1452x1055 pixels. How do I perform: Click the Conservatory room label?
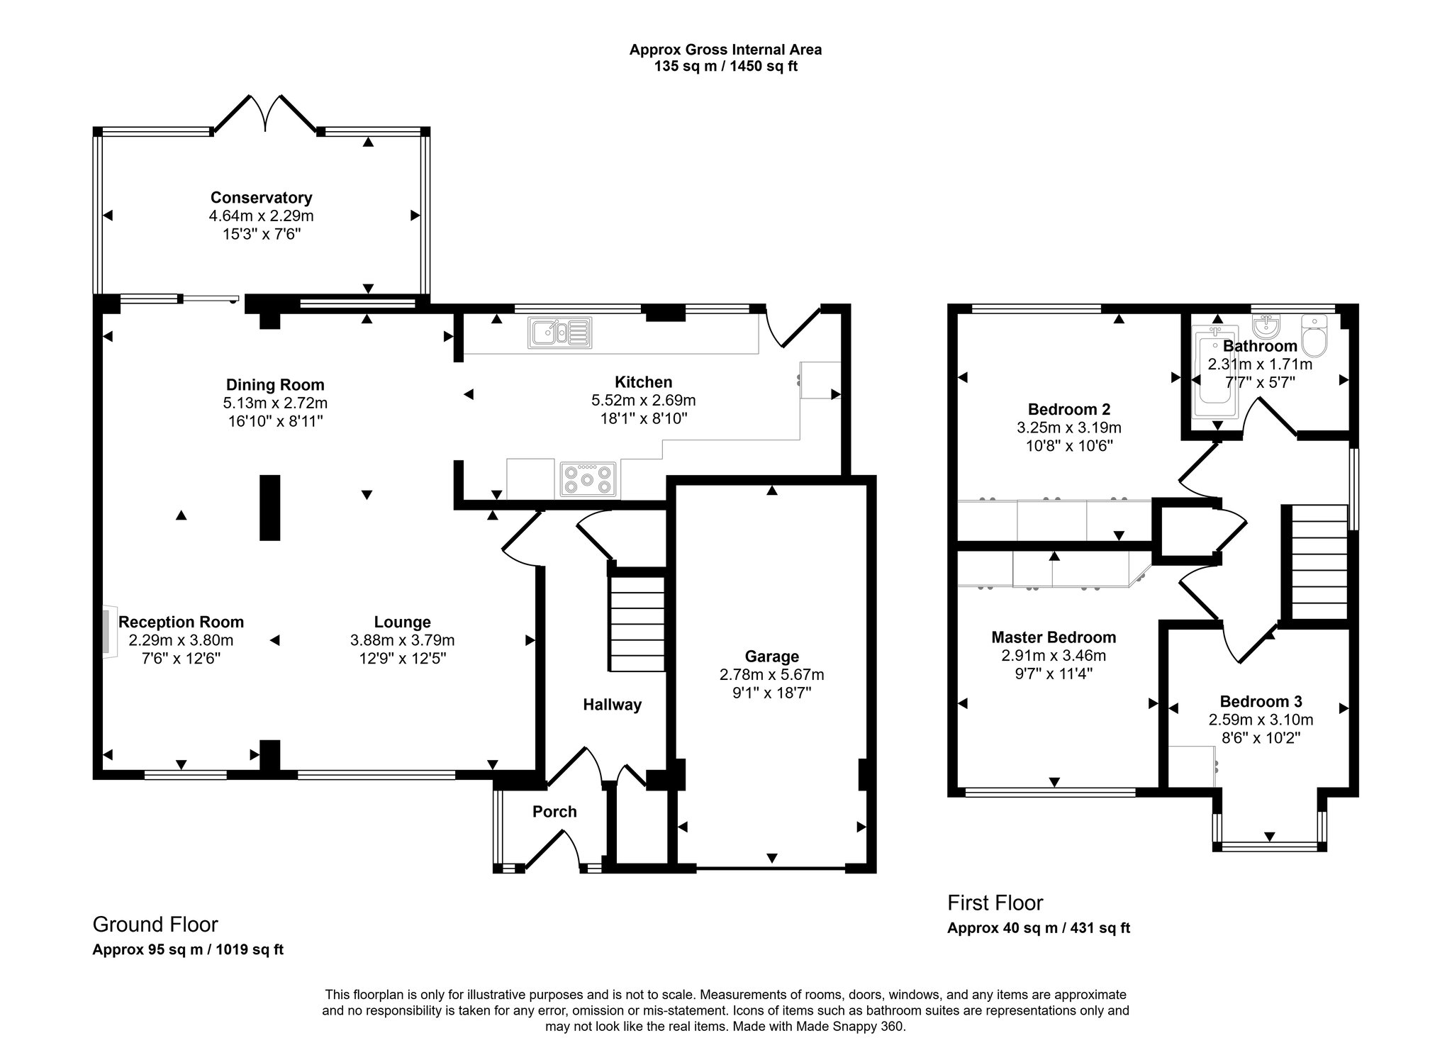pos(261,198)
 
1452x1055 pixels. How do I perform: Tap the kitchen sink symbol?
pos(559,333)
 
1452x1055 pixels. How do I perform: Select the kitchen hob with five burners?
pos(588,479)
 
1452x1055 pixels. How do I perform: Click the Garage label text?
pos(771,657)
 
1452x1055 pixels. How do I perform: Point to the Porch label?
pos(554,812)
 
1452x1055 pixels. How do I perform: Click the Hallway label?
pos(612,705)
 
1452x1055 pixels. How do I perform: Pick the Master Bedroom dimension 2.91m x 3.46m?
pos(1054,656)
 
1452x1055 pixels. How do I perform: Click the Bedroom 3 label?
pos(1261,702)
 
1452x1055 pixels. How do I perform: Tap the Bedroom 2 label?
pos(1068,409)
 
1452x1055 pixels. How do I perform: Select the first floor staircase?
pos(1319,563)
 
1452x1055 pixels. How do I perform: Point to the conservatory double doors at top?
pos(265,113)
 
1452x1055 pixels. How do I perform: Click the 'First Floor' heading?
pos(995,903)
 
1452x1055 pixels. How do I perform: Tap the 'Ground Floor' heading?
pos(155,925)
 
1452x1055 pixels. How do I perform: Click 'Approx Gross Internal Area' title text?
pos(725,50)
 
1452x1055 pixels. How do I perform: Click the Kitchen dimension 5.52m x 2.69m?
pos(643,401)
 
